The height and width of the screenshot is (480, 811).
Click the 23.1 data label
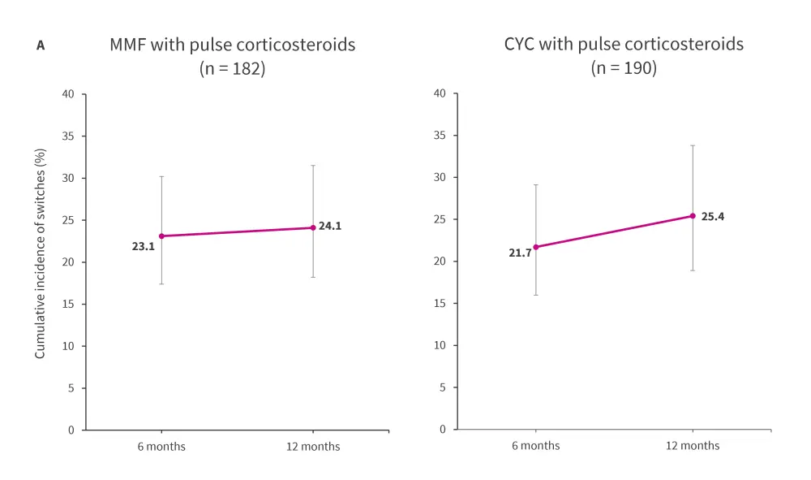(x=143, y=245)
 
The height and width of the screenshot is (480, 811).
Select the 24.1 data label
(x=330, y=227)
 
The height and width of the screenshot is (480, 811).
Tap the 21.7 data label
(x=520, y=253)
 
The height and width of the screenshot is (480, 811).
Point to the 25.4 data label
(x=712, y=217)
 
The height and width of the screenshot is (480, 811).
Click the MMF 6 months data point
(x=161, y=236)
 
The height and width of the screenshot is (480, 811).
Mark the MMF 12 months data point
(x=313, y=227)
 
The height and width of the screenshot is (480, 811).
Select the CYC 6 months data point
(x=535, y=247)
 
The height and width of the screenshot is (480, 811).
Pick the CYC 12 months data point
(x=693, y=216)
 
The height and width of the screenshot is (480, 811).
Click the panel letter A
(x=41, y=46)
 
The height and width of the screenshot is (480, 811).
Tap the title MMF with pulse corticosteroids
(x=232, y=45)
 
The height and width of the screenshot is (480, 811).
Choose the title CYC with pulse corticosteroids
(x=623, y=44)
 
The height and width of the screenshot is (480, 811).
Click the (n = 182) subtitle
(x=232, y=69)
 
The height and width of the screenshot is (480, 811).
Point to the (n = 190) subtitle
(x=623, y=68)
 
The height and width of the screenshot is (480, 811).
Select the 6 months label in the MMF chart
(x=161, y=447)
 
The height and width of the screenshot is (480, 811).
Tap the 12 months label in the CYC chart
(x=693, y=446)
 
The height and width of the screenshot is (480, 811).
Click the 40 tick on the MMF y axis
(x=68, y=94)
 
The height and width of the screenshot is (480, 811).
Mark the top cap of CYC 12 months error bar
(x=693, y=145)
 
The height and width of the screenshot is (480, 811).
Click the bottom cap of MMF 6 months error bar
(x=161, y=283)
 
